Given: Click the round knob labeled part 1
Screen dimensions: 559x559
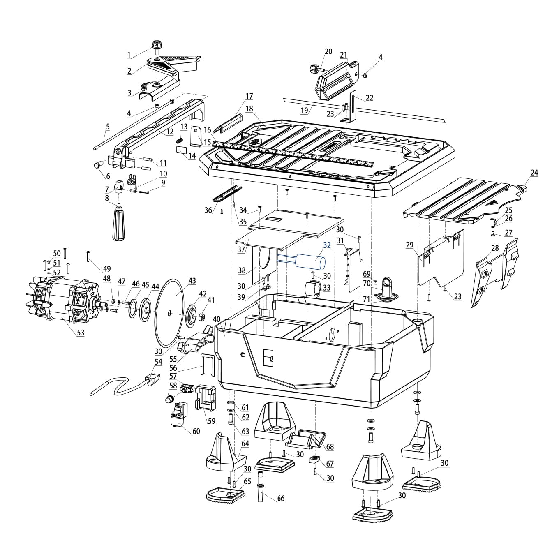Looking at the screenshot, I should click(156, 45).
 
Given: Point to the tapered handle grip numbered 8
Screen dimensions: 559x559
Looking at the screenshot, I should click(119, 224).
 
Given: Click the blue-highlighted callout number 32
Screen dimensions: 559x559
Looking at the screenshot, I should click(327, 245).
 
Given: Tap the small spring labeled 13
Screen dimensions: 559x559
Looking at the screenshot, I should click(180, 140).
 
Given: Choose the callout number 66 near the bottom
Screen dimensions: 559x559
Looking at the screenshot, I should click(281, 499).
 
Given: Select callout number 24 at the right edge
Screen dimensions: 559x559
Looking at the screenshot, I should click(534, 173).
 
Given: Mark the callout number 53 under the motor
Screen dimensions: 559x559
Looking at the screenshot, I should click(81, 333).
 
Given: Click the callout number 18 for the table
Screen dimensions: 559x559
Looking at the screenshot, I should click(249, 109).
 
